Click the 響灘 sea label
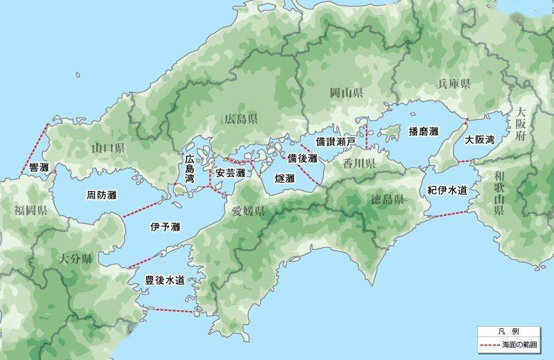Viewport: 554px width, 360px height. pyautogui.click(x=35, y=167)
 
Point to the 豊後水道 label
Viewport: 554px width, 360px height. pyautogui.click(x=164, y=280)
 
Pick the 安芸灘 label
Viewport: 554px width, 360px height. pyautogui.click(x=230, y=172)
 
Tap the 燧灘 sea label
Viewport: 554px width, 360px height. pyautogui.click(x=285, y=179)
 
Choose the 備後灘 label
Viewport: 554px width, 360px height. pyautogui.click(x=303, y=158)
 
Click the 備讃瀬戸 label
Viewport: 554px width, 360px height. pyautogui.click(x=336, y=141)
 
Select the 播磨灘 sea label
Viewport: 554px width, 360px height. pyautogui.click(x=423, y=131)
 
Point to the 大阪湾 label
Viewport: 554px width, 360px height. pyautogui.click(x=479, y=139)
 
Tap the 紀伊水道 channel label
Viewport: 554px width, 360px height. pyautogui.click(x=447, y=189)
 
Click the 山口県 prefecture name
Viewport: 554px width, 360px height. pyautogui.click(x=108, y=147)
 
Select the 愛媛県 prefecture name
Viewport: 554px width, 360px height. pyautogui.click(x=249, y=212)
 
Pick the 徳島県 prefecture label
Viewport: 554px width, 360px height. pyautogui.click(x=387, y=199)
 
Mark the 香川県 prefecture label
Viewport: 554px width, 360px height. pyautogui.click(x=358, y=164)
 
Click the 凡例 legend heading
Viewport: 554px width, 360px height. pyautogui.click(x=510, y=331)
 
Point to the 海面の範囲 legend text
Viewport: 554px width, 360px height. pyautogui.click(x=520, y=344)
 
